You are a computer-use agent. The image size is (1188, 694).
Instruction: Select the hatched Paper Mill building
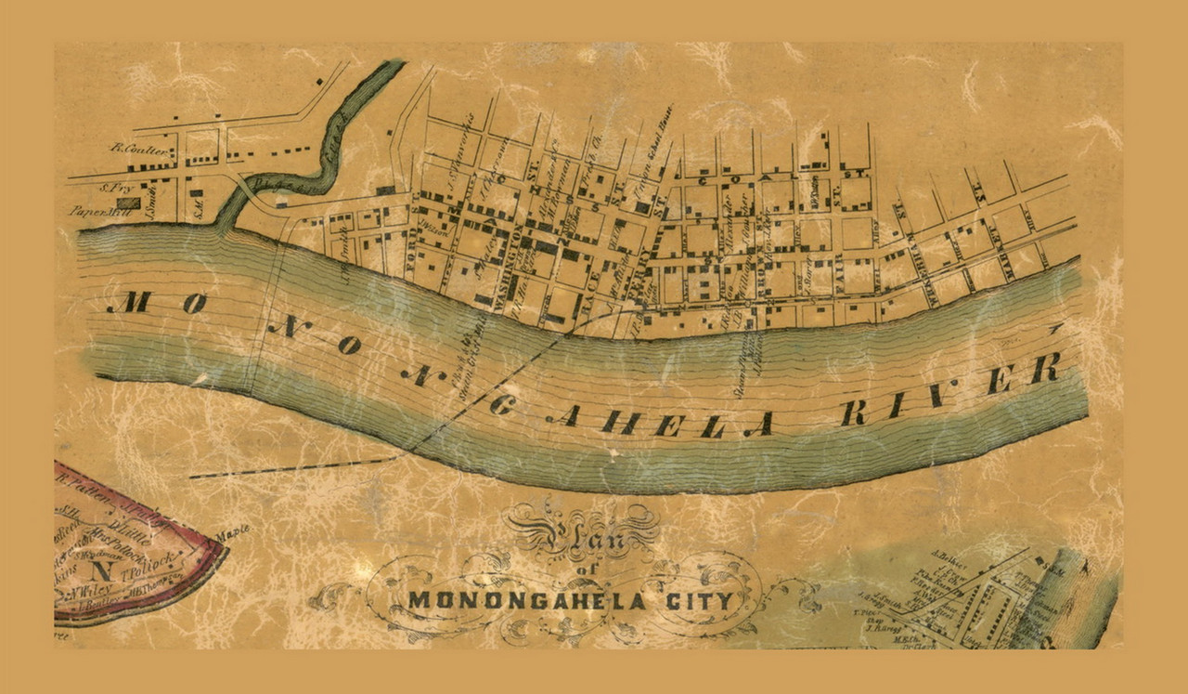(128, 203)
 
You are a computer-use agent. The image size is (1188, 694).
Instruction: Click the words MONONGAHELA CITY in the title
(571, 599)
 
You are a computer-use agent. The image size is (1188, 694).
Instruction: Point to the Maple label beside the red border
(233, 533)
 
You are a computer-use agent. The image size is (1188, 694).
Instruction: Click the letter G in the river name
(501, 403)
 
